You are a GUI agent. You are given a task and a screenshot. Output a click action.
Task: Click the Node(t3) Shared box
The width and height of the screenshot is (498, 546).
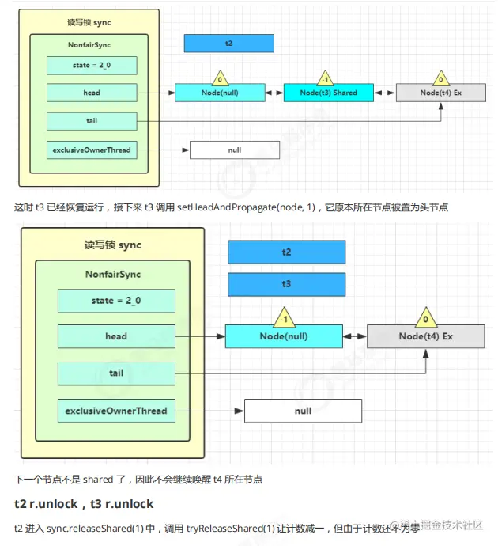328,93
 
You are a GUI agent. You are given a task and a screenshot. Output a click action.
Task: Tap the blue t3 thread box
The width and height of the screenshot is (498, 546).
286,283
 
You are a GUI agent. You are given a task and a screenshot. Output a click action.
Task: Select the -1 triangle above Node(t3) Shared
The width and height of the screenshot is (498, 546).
325,78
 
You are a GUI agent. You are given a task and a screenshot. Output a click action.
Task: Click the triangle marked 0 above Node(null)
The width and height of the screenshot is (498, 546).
219,78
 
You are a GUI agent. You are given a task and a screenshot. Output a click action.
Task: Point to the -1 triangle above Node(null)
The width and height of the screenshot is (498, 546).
284,318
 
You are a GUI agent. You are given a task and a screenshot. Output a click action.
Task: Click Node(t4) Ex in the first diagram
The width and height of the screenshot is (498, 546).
440,93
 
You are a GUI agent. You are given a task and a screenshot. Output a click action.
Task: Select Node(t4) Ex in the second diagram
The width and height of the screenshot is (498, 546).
425,336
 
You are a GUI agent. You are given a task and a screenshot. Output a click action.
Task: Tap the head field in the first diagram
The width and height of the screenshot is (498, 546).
92,93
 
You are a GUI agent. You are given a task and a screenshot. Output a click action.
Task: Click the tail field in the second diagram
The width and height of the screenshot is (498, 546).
115,373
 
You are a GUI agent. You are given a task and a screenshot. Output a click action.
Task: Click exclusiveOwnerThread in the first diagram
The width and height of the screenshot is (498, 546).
92,150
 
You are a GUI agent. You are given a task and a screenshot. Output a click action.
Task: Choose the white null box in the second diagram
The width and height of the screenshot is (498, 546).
303,411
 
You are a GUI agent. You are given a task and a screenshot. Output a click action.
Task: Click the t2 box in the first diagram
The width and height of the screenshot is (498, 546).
228,44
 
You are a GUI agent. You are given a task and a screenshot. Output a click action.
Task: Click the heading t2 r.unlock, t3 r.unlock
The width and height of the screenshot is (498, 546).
84,504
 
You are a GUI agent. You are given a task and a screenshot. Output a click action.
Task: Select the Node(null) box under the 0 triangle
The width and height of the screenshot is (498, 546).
220,93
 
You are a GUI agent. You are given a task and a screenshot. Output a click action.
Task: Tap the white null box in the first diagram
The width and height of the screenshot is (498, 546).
235,150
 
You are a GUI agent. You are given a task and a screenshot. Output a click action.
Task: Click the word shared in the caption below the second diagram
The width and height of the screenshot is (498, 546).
98,480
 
